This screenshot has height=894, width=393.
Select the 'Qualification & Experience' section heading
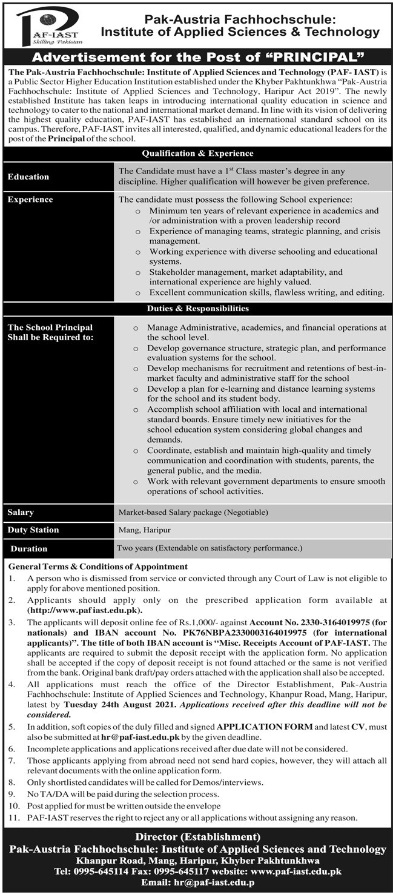(x=197, y=153)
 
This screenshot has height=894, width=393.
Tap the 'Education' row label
(x=28, y=176)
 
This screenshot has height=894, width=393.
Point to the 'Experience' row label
(x=30, y=200)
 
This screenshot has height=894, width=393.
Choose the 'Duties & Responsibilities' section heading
(x=197, y=308)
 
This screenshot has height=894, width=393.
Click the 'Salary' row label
(x=21, y=513)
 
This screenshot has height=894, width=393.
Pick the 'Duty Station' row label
(x=33, y=529)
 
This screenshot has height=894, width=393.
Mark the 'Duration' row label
(x=28, y=548)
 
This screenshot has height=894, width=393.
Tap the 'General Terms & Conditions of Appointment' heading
(x=98, y=566)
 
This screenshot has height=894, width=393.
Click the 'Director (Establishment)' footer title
(x=197, y=838)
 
